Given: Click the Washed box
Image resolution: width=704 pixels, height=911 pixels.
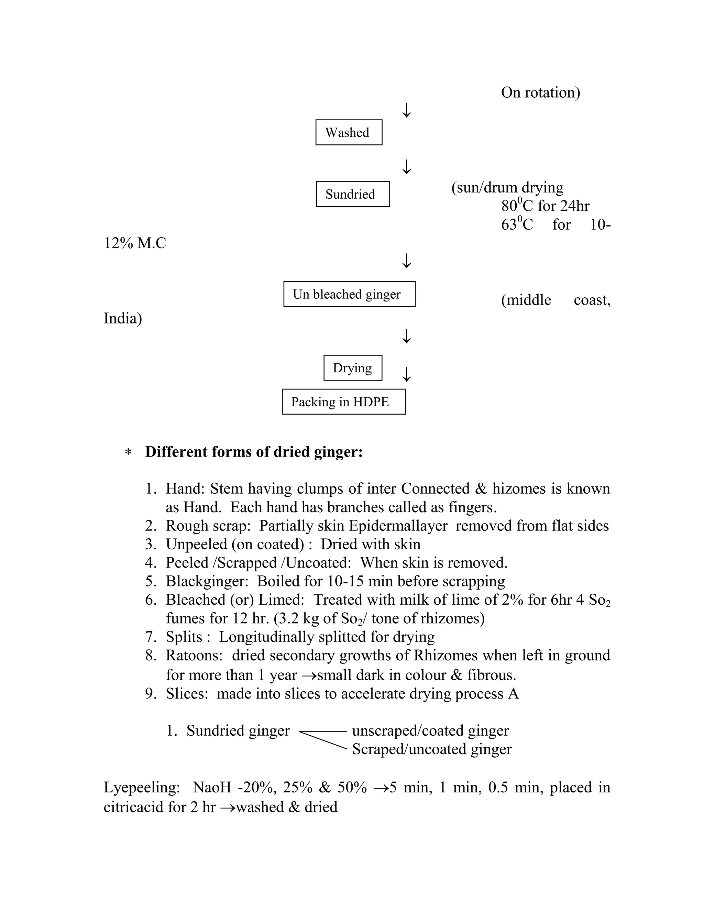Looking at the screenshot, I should pyautogui.click(x=349, y=133).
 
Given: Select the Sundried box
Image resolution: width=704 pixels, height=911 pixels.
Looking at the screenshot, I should pyautogui.click(x=352, y=194).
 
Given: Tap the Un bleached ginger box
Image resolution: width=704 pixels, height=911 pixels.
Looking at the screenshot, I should pyautogui.click(x=349, y=294).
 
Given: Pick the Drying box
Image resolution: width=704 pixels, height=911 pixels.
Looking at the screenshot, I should pyautogui.click(x=352, y=368).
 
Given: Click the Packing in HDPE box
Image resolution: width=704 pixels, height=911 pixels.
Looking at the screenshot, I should pyautogui.click(x=343, y=402).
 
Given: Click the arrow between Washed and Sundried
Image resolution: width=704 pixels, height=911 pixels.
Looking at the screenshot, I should pyautogui.click(x=406, y=167).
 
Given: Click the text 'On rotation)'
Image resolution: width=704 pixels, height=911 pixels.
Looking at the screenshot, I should pyautogui.click(x=540, y=92).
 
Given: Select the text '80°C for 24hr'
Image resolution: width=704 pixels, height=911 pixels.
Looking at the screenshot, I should pyautogui.click(x=545, y=206).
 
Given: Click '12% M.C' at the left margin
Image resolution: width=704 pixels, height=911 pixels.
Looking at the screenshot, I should pyautogui.click(x=135, y=243).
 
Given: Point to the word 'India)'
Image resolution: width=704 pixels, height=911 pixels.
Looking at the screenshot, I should pyautogui.click(x=123, y=318).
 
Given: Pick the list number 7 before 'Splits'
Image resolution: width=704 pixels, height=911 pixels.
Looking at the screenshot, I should pyautogui.click(x=150, y=637).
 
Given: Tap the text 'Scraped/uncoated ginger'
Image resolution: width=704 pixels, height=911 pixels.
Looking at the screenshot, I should pyautogui.click(x=432, y=749).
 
